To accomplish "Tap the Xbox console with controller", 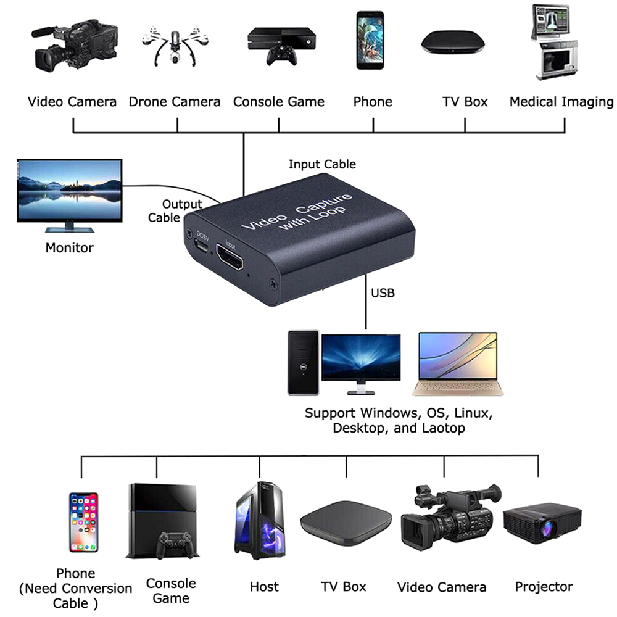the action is (279, 46).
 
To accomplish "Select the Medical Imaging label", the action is (561, 102).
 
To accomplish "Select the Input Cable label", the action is (322, 164).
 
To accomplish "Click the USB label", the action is (383, 292).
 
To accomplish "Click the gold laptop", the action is (457, 363).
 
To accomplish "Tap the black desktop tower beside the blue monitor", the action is (304, 363).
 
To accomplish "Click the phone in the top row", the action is (369, 42).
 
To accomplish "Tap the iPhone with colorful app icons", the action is (83, 522).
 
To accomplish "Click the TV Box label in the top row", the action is (465, 102).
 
